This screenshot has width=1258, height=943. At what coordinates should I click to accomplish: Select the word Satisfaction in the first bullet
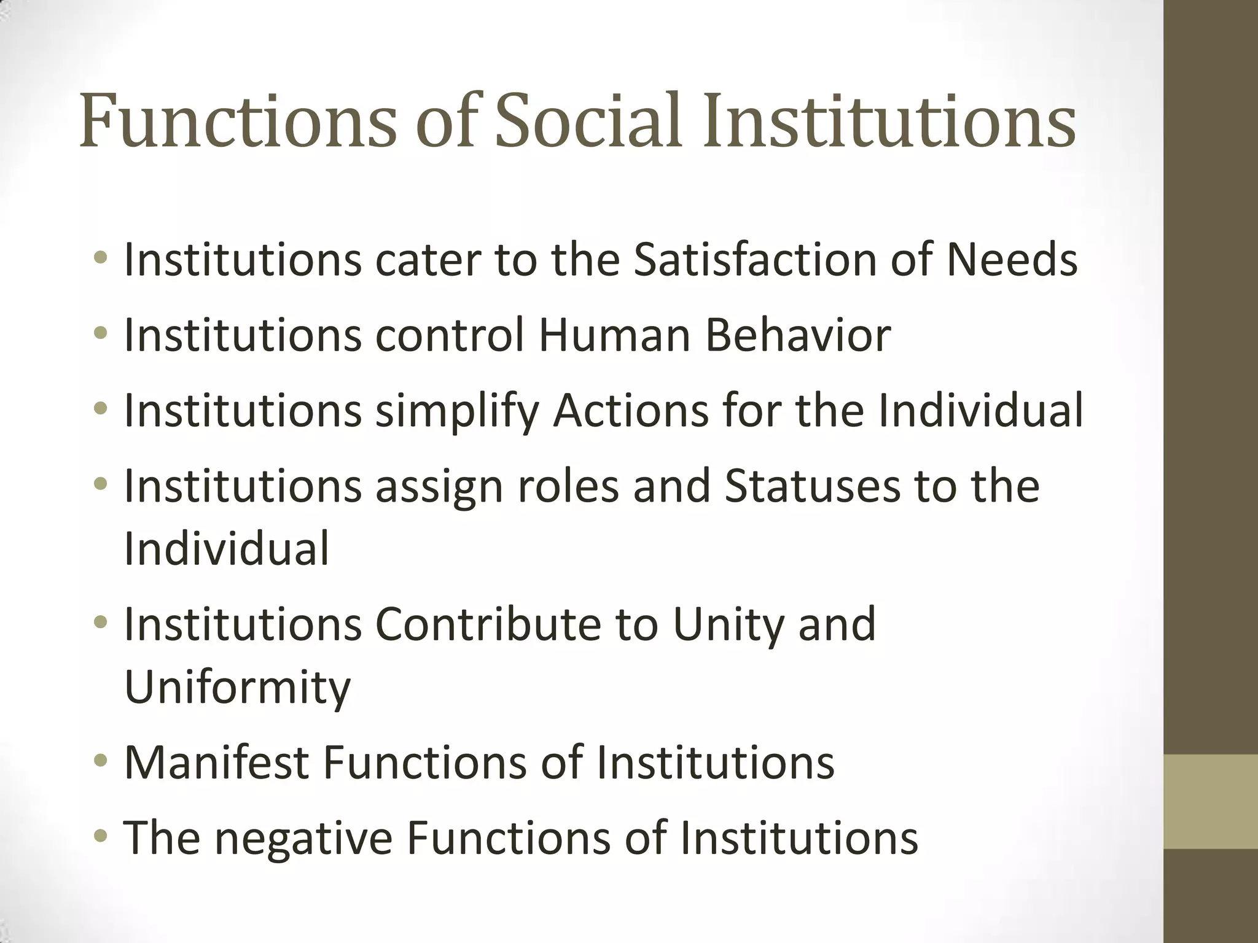click(x=755, y=260)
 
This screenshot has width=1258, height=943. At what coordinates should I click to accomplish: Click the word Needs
click(x=1012, y=260)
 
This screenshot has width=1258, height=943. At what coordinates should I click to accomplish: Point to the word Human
click(x=615, y=335)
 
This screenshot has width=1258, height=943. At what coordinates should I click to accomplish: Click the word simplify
click(x=457, y=411)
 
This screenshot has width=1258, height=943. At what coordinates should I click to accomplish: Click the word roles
click(x=568, y=486)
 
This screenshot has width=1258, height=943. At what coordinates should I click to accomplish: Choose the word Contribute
click(x=488, y=624)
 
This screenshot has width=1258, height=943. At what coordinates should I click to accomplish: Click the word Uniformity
click(x=238, y=688)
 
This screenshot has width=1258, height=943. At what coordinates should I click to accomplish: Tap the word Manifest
click(x=216, y=763)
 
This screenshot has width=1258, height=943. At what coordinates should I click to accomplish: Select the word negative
click(x=303, y=839)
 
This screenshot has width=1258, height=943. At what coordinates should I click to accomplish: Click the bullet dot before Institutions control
click(x=101, y=333)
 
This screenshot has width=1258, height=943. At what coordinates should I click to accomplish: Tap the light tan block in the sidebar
click(x=1211, y=801)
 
